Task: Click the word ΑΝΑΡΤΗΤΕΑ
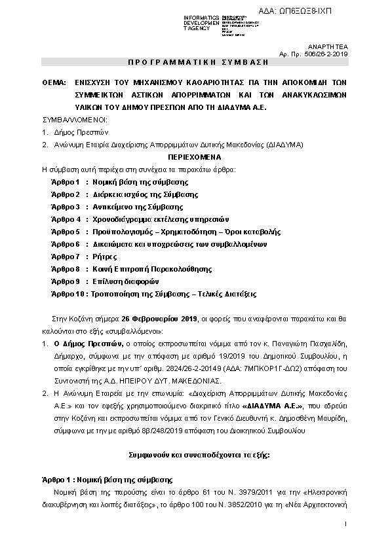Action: point(332,47)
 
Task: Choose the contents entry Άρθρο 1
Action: point(65,181)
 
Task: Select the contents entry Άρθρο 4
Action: point(65,219)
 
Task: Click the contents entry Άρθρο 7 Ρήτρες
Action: point(83,256)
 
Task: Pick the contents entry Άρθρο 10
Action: point(67,294)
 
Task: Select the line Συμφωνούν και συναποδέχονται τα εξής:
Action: point(193,452)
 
